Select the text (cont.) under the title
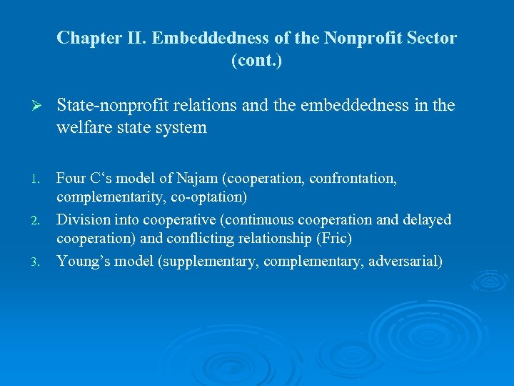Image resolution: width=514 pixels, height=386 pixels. [256, 61]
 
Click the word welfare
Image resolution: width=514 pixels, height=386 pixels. [81, 128]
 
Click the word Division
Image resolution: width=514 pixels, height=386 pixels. [81, 219]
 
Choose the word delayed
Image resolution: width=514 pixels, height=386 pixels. [427, 219]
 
